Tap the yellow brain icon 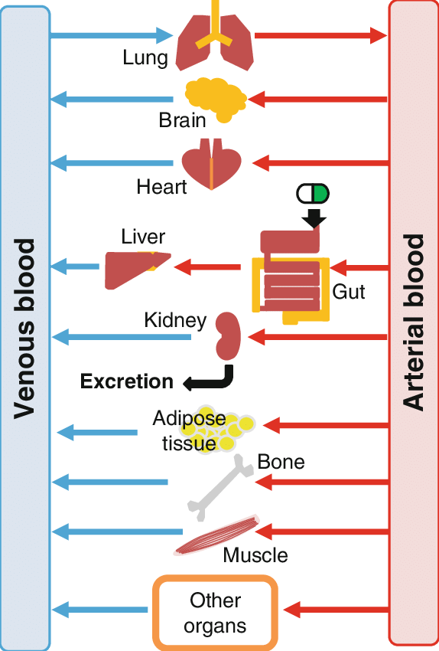(215, 101)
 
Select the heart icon (211, 164)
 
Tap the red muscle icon (219, 534)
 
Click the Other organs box (215, 612)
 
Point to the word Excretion (127, 381)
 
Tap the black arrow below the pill (314, 219)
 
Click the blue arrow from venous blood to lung (112, 35)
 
